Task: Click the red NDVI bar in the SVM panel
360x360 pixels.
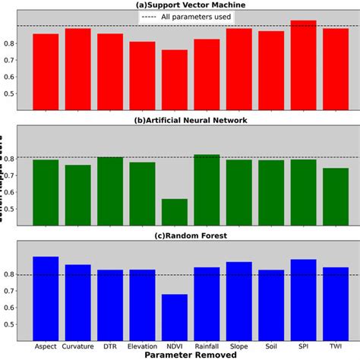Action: (x=174, y=79)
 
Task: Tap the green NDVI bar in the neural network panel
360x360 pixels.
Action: (x=174, y=212)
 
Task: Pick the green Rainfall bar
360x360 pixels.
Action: (x=207, y=190)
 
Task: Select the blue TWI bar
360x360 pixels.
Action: (x=336, y=304)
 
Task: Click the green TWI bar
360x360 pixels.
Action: (x=336, y=197)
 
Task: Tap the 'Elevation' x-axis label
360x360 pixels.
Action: (x=142, y=346)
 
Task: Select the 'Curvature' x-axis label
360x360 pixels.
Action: (x=77, y=346)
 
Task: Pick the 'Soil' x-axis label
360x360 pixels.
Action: (x=271, y=346)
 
